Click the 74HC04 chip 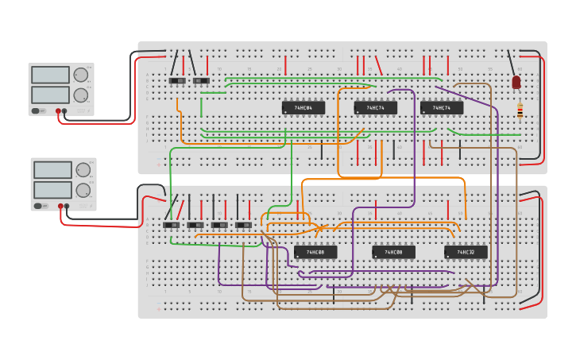coord(303,107)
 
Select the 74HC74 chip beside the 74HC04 coord(375,107)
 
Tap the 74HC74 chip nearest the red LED coord(441,107)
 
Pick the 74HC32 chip coord(466,252)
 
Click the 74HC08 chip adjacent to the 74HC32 coord(393,252)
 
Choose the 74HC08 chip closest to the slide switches coord(315,252)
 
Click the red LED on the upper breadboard coord(516,82)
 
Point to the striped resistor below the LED coord(520,110)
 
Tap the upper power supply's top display coord(50,75)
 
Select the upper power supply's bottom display coord(50,94)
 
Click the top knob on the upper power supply coord(80,75)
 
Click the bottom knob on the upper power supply coord(80,95)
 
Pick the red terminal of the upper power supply coord(58,111)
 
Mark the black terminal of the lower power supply coord(67,206)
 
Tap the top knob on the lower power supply coord(83,169)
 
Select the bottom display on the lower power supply coord(52,189)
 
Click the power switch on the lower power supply coord(38,206)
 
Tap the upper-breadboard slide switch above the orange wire coord(177,81)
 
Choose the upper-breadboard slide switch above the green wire coord(201,81)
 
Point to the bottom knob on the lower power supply coord(83,189)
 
